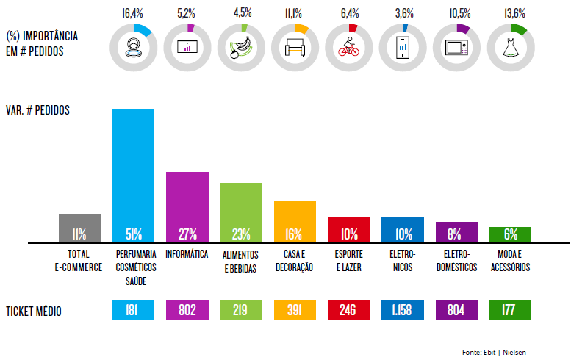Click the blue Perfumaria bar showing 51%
coord(133,176)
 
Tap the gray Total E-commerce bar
coord(79,228)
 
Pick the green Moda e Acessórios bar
coord(510,235)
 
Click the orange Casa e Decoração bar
coord(295,222)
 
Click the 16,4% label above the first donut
coord(133,12)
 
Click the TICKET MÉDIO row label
coord(34,312)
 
